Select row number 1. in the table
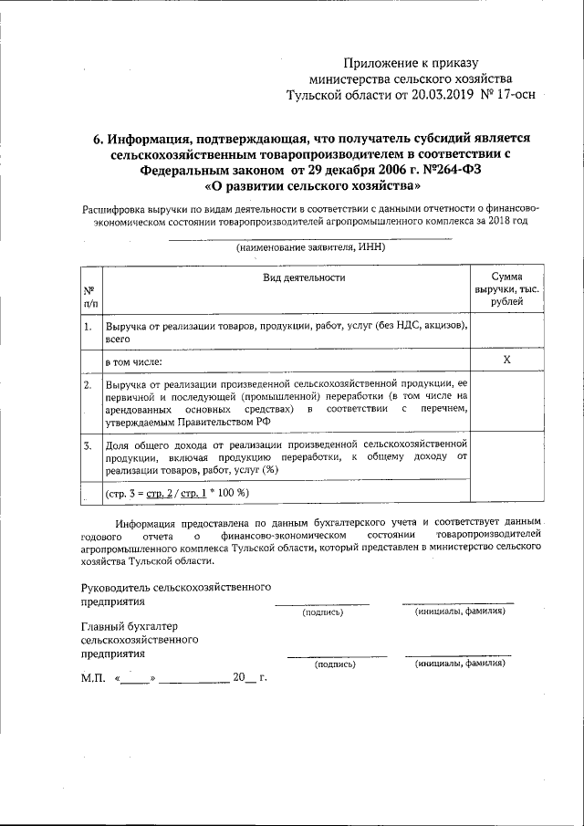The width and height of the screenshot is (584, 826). [x=88, y=326]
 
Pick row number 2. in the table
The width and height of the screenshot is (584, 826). [x=88, y=385]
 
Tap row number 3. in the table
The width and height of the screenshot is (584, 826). [x=88, y=445]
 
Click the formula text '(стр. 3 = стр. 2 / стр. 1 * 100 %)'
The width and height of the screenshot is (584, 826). [x=177, y=493]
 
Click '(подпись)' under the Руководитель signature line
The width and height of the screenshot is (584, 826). [x=322, y=612]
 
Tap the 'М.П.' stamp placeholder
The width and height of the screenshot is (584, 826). [x=93, y=679]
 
